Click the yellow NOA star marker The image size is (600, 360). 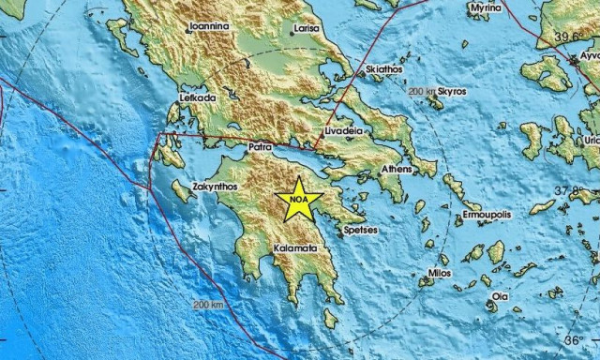point(300,200)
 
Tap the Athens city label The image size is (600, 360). point(397,169)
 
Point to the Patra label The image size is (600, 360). point(260,147)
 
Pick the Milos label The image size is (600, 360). point(439,273)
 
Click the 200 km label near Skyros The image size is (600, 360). point(424,92)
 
